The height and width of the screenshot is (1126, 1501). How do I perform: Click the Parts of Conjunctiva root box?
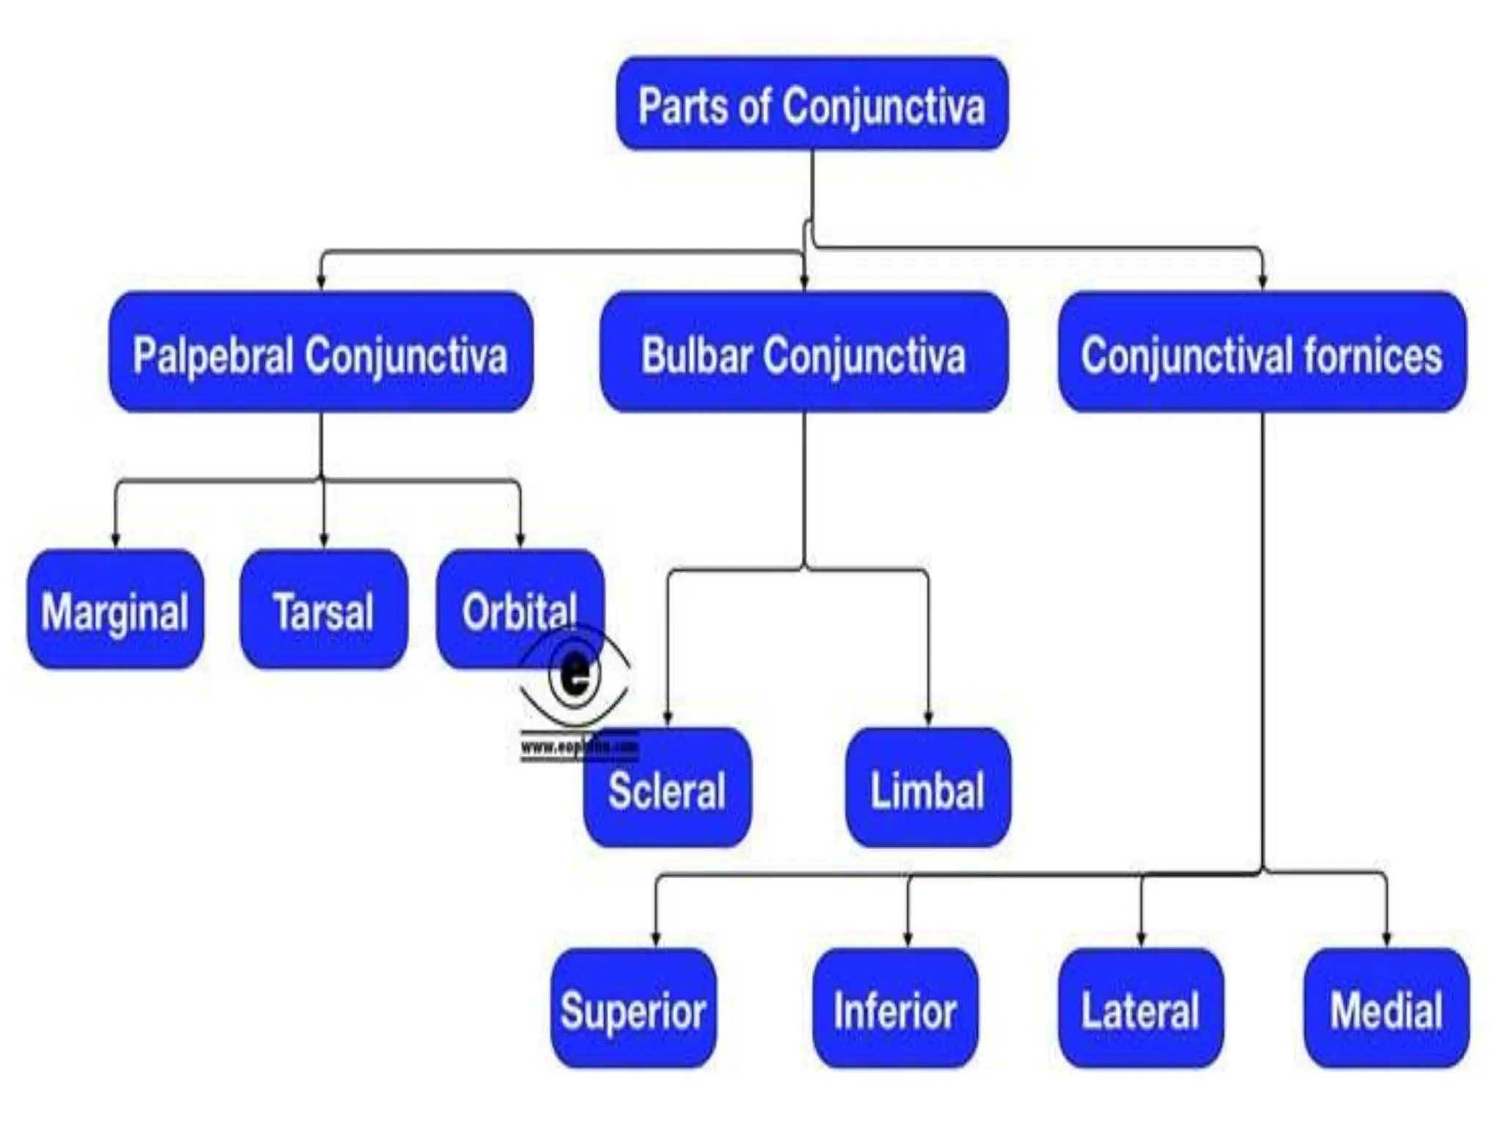click(811, 105)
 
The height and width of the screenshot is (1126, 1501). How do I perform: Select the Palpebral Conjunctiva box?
click(321, 353)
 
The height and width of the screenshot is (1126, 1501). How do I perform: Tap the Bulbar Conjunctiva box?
click(803, 353)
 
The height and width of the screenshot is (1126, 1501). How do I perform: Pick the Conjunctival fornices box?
click(1262, 353)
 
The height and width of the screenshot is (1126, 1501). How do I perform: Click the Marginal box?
click(115, 610)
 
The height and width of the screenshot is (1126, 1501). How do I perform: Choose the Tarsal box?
click(323, 610)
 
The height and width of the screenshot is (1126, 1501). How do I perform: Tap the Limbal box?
click(928, 788)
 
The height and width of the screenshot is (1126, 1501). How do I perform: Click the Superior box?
click(633, 1009)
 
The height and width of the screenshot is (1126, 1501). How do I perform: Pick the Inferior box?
click(895, 1009)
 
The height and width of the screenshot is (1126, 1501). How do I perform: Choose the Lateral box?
click(1140, 1009)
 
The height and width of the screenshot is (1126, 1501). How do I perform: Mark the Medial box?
click(1386, 1009)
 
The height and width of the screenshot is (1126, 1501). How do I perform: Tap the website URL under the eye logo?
click(579, 748)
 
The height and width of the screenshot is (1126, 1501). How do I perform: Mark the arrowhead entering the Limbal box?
click(928, 719)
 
